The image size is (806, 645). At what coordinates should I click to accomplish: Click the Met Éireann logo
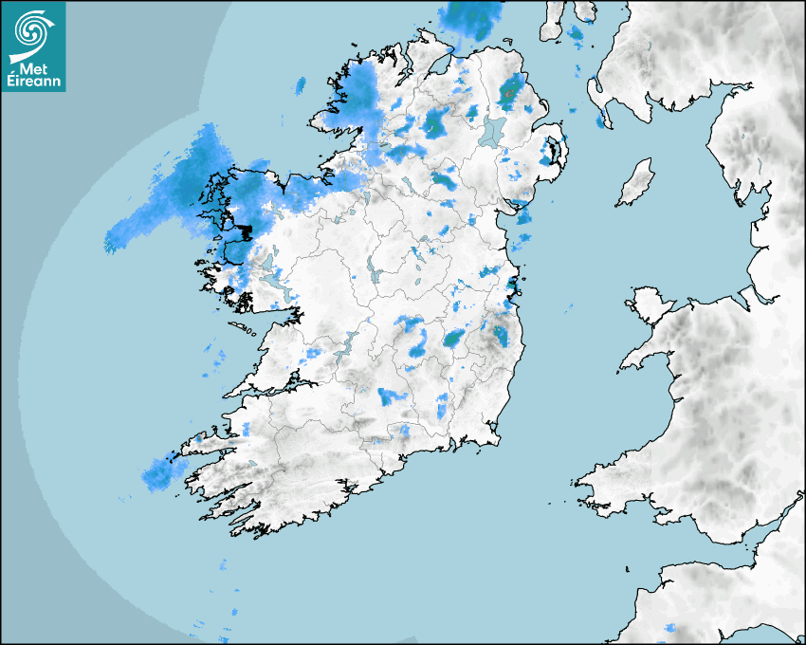(33, 46)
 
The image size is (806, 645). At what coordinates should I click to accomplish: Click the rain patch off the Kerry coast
(157, 474)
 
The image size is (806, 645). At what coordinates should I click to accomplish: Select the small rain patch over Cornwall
(670, 628)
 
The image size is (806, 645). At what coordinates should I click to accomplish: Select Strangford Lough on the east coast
(553, 148)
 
